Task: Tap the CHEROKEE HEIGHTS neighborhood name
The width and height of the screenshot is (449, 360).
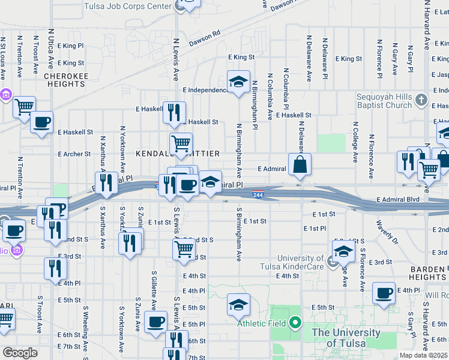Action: tap(65, 80)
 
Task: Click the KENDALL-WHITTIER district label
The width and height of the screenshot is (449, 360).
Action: tap(177, 154)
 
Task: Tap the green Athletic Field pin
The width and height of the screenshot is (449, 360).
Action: tap(295, 324)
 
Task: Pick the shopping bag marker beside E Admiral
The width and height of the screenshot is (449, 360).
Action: tap(300, 164)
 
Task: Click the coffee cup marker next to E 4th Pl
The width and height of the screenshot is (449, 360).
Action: tap(384, 293)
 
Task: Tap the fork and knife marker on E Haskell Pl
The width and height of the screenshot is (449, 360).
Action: tap(174, 112)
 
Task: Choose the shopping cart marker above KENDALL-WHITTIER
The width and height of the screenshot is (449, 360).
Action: tap(181, 144)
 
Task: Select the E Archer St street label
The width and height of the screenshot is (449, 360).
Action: tap(74, 154)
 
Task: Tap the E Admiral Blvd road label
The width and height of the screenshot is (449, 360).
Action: tap(398, 199)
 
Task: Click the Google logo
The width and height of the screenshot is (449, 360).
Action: tap(20, 353)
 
